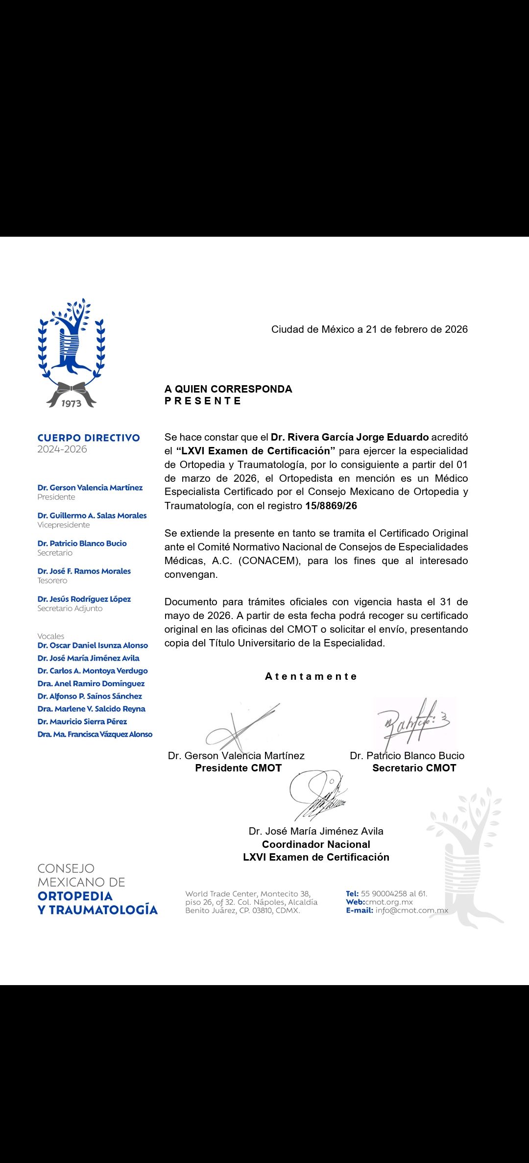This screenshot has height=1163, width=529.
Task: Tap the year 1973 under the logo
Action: click(x=71, y=403)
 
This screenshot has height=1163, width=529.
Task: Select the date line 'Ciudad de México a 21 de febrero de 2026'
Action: click(x=369, y=329)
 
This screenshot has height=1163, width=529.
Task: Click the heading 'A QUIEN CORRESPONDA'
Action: click(x=228, y=389)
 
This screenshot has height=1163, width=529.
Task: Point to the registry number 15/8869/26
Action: click(x=331, y=506)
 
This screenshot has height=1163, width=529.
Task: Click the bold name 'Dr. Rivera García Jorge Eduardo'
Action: click(x=350, y=437)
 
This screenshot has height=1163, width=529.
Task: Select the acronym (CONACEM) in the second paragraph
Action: click(x=269, y=561)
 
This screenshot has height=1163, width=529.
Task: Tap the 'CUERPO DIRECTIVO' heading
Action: click(x=89, y=438)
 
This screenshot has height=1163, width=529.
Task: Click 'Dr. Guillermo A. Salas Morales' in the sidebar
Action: click(x=92, y=516)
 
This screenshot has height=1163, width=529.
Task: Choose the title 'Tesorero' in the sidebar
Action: click(x=52, y=581)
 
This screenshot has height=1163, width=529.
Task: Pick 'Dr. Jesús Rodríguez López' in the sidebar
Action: click(x=84, y=599)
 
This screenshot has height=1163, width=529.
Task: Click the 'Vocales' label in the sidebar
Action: click(x=51, y=636)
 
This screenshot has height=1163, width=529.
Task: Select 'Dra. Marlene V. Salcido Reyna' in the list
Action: click(x=92, y=709)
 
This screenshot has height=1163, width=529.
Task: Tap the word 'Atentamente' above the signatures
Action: click(x=311, y=676)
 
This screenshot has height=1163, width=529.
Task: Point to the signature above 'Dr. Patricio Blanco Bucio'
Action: click(x=414, y=723)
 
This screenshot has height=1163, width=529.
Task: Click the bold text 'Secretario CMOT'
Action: click(x=414, y=768)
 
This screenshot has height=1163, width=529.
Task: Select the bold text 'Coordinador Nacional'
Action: click(x=316, y=844)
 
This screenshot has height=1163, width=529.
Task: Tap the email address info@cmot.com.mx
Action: click(x=412, y=910)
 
